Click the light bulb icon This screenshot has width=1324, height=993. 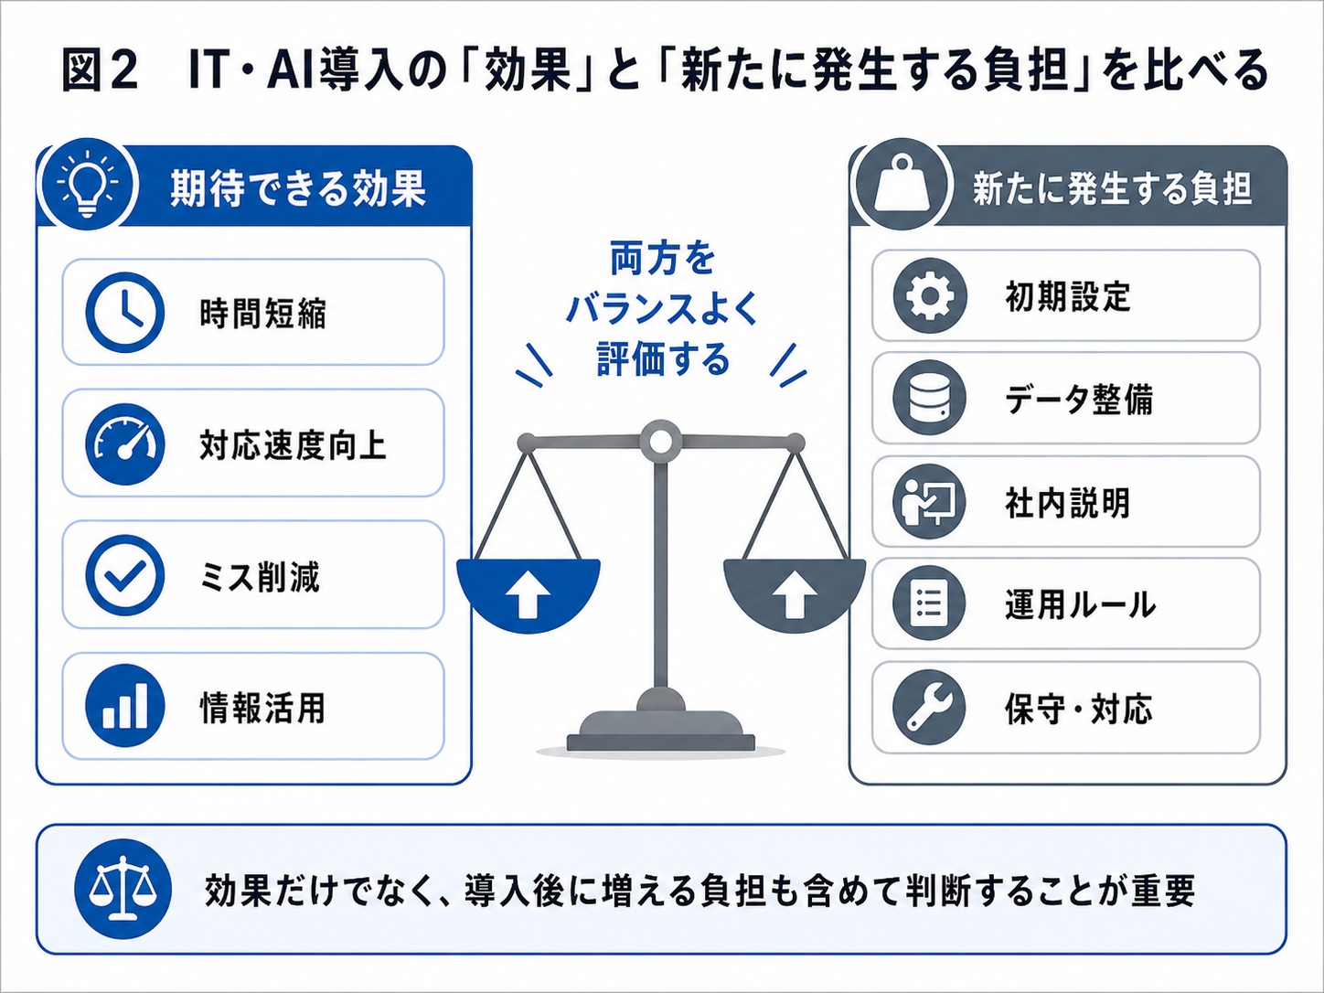click(88, 183)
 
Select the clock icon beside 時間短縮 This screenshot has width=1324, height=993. click(125, 313)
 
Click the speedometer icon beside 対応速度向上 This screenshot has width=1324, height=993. click(125, 443)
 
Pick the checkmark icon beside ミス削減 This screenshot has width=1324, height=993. click(125, 575)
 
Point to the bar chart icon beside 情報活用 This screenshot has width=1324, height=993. click(125, 705)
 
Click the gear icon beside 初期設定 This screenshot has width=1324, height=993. click(930, 295)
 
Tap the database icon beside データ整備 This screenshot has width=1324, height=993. click(930, 398)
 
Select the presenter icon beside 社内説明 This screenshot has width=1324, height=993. click(930, 501)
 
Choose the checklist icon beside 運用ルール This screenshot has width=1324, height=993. click(930, 603)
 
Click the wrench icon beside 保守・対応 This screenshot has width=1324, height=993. click(930, 707)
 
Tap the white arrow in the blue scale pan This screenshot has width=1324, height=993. click(528, 594)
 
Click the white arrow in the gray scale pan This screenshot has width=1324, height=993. click(795, 594)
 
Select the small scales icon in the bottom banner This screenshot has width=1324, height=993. click(123, 889)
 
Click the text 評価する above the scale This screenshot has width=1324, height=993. click(663, 360)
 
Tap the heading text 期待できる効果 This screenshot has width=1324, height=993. click(298, 188)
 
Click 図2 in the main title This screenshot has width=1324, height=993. click(101, 70)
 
